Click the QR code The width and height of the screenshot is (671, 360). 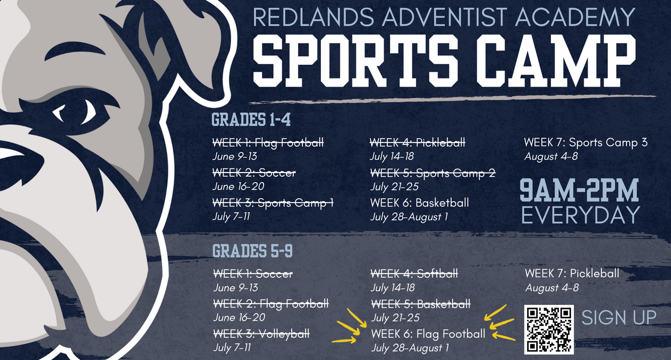pyautogui.click(x=549, y=329)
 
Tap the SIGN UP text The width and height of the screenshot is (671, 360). pyautogui.click(x=619, y=318)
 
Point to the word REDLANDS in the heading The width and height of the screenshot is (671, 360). pyautogui.click(x=313, y=17)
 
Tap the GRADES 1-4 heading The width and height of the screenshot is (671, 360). pyautogui.click(x=251, y=119)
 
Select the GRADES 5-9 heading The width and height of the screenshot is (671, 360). pyautogui.click(x=252, y=251)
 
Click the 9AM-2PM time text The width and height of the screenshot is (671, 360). pyautogui.click(x=579, y=190)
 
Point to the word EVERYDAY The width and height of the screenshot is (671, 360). pyautogui.click(x=581, y=215)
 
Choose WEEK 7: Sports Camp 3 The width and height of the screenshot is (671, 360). pyautogui.click(x=585, y=142)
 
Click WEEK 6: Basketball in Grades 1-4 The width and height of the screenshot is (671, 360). pyautogui.click(x=419, y=203)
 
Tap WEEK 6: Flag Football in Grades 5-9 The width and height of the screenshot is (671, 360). pyautogui.click(x=428, y=333)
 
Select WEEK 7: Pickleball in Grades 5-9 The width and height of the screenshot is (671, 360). pyautogui.click(x=572, y=273)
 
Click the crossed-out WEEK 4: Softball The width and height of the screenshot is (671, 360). pyautogui.click(x=414, y=273)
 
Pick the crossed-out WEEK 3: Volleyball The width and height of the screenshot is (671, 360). pyautogui.click(x=261, y=333)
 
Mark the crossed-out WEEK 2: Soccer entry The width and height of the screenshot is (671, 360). pyautogui.click(x=254, y=173)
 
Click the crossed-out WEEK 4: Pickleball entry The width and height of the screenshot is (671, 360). pyautogui.click(x=418, y=142)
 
